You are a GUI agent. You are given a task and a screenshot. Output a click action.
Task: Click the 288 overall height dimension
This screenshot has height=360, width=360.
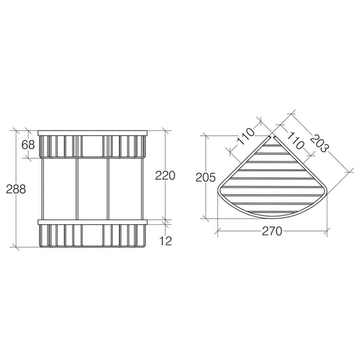(16, 190)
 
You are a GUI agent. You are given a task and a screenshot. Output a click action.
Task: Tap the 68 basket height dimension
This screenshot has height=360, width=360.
(28, 145)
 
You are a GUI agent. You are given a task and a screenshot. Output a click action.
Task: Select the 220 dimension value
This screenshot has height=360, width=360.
(165, 176)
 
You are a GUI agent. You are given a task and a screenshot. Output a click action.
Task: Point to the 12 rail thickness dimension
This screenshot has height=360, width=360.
(166, 241)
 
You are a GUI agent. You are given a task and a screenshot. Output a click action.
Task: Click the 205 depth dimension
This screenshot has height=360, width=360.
(206, 177)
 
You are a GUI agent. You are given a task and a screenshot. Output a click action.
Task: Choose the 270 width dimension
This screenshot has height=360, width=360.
(272, 231)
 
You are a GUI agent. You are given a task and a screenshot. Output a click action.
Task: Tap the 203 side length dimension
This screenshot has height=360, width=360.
(320, 143)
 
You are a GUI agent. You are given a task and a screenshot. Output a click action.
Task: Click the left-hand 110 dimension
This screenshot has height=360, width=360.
(247, 137)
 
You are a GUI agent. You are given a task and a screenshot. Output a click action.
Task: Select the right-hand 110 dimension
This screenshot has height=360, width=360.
(295, 141)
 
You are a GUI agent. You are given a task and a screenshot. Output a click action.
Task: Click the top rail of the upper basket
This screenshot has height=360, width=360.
(92, 133)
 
